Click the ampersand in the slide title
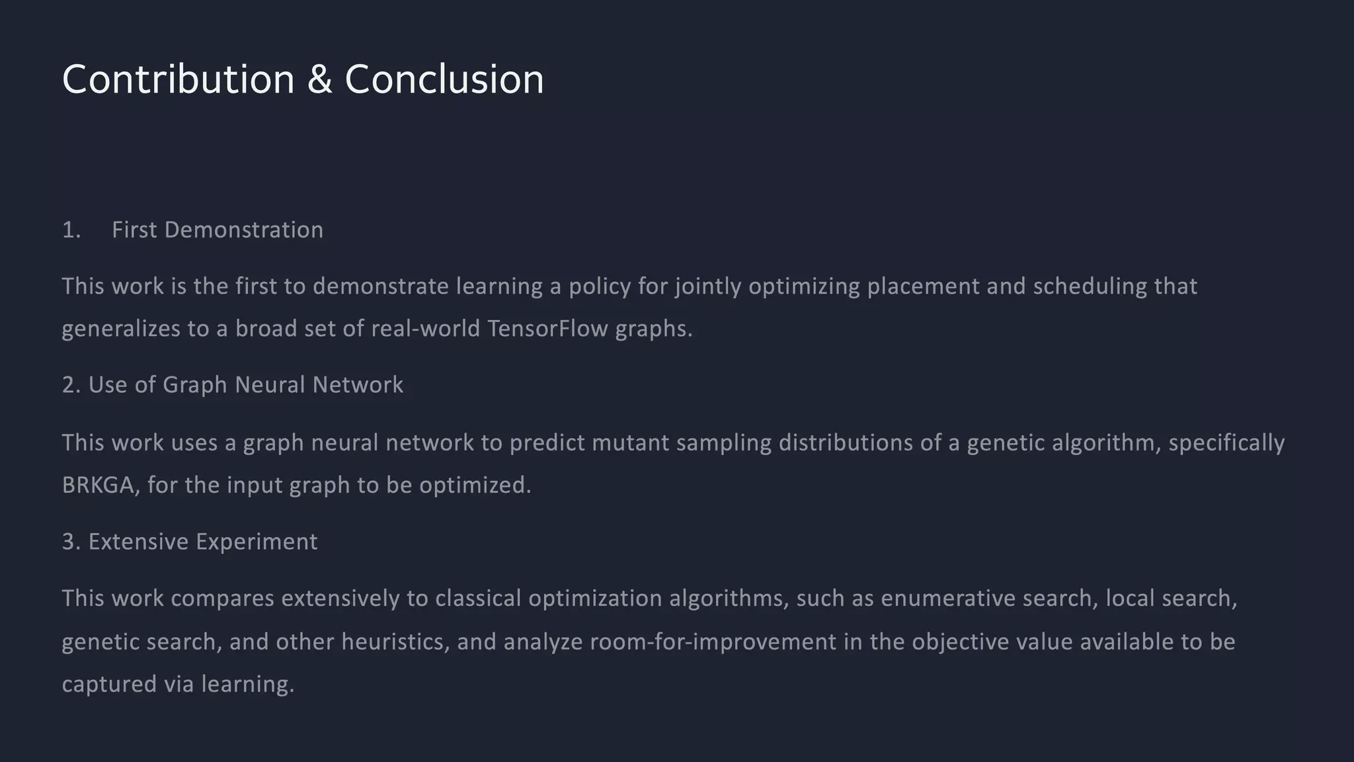click(x=319, y=80)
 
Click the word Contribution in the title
click(x=178, y=80)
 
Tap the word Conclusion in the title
click(x=444, y=80)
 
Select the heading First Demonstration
click(x=218, y=230)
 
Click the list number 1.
click(x=71, y=230)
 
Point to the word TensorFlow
click(x=547, y=329)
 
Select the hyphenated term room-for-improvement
click(x=713, y=642)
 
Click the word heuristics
click(x=395, y=642)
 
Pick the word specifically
click(x=1226, y=443)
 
